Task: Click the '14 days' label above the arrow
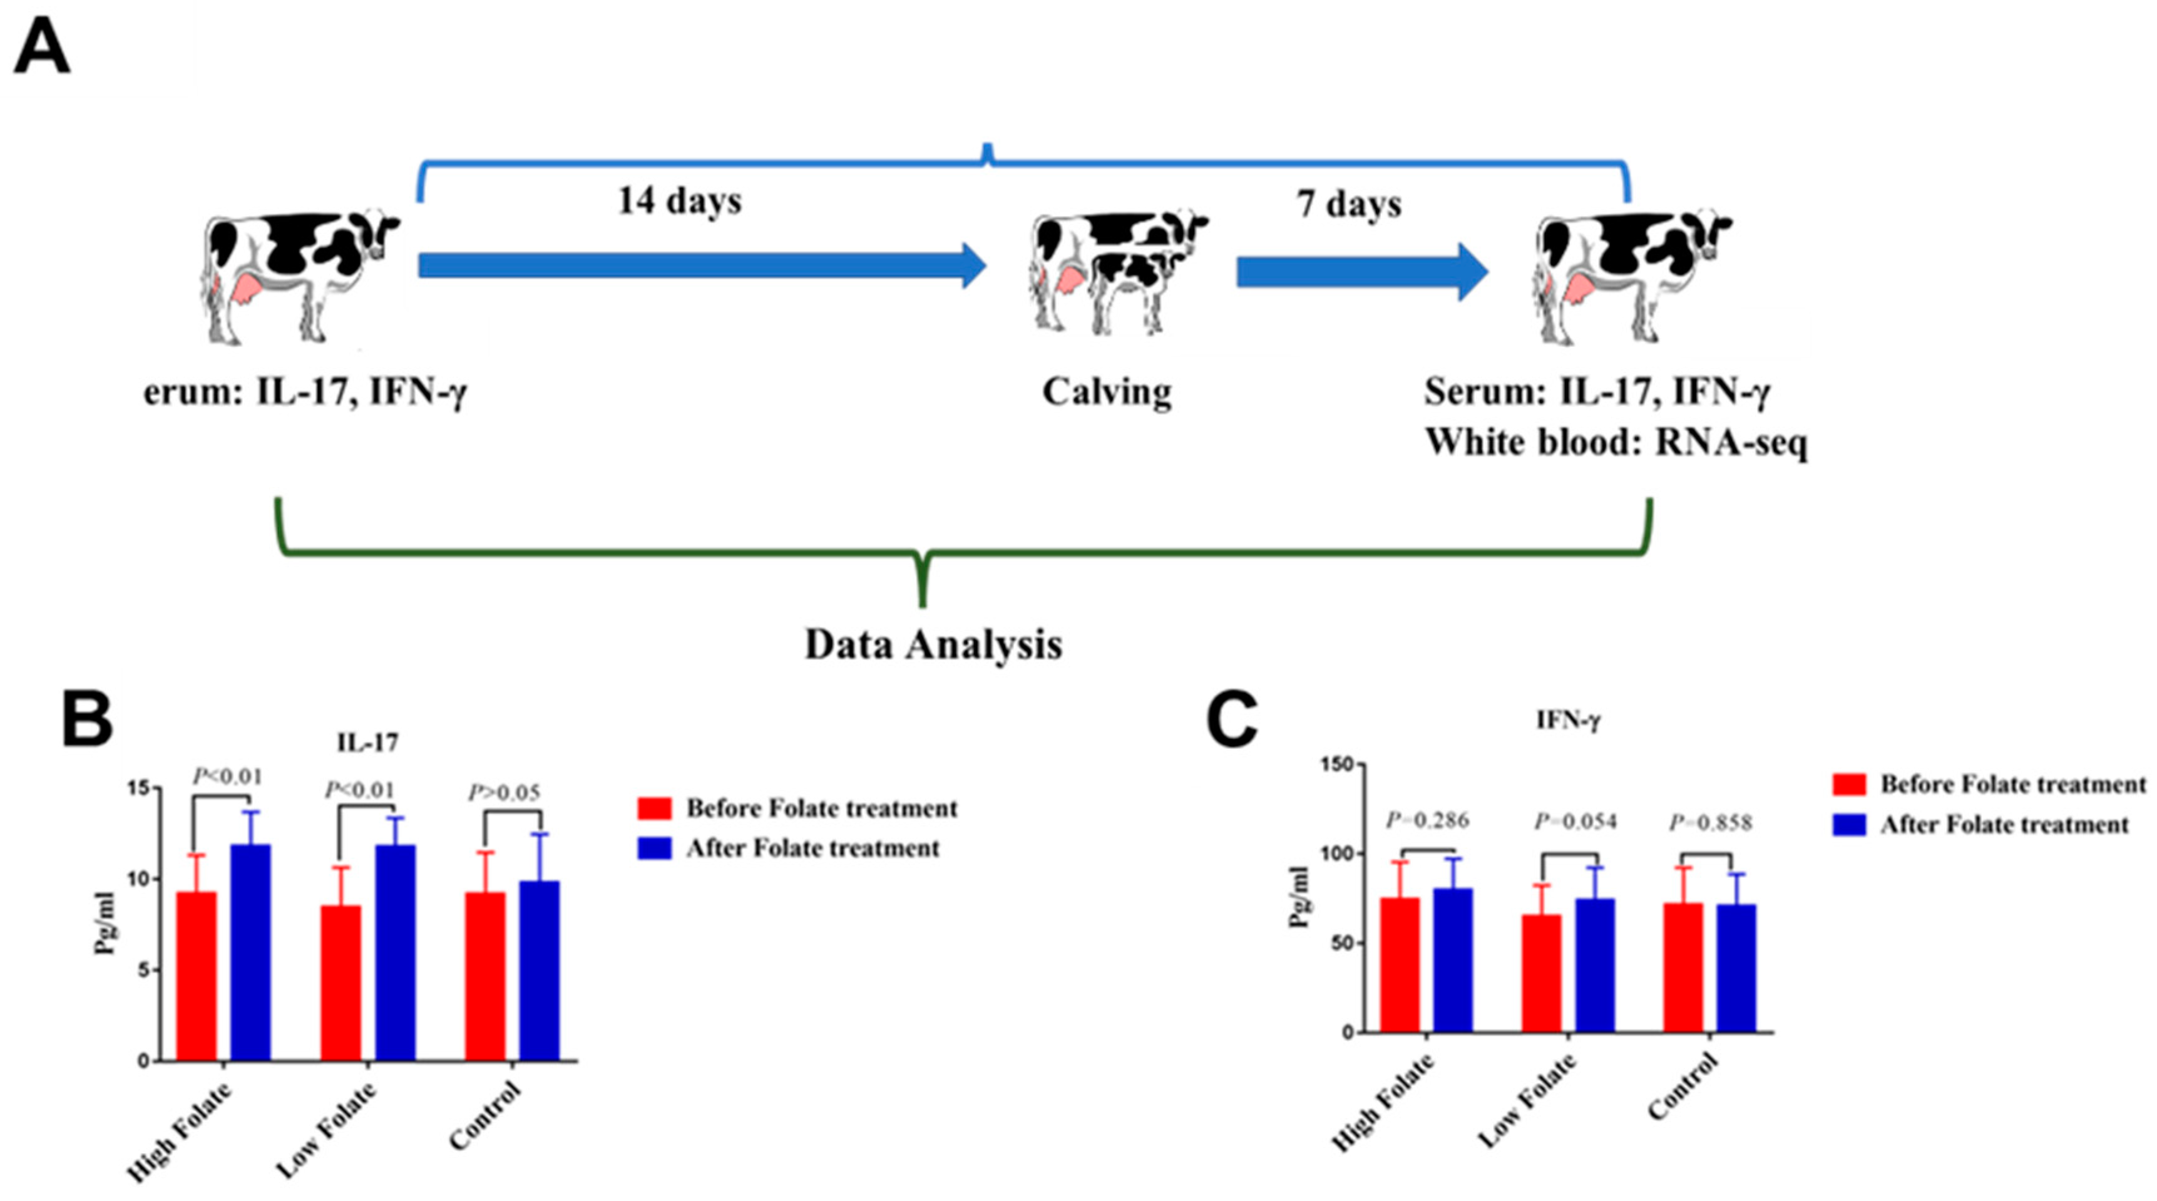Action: tap(679, 202)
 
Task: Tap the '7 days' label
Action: tap(1349, 204)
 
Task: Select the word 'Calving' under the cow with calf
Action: tap(1106, 392)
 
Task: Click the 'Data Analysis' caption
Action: tap(933, 645)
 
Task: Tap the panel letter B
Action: tap(86, 719)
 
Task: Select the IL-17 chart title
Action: tap(367, 742)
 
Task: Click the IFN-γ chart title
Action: tap(1567, 720)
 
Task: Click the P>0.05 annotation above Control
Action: tap(503, 792)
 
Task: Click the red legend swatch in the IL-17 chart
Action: tap(654, 808)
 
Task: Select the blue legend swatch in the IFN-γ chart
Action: tap(1849, 825)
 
